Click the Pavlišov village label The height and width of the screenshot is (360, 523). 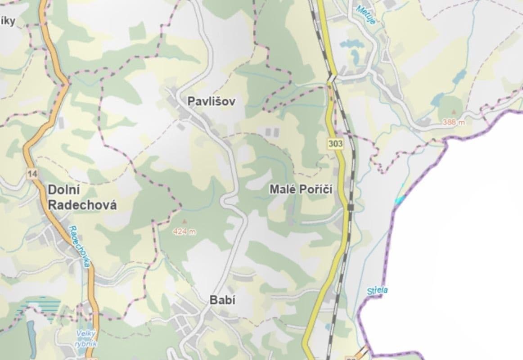(x=211, y=101)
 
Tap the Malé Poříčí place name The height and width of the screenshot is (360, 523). (x=301, y=189)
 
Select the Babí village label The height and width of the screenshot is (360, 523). (x=222, y=300)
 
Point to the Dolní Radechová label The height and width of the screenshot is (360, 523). (x=81, y=198)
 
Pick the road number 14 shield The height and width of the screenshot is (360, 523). (x=32, y=174)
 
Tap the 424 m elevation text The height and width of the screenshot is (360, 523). (x=185, y=232)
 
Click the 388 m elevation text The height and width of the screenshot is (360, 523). (x=453, y=122)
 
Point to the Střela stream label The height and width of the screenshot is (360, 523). (x=377, y=290)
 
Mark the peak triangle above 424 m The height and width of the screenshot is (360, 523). (x=184, y=221)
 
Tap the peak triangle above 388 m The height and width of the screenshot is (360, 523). (x=453, y=111)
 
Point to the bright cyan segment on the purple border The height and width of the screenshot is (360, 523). (x=399, y=198)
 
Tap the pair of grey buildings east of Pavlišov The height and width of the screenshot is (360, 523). (x=272, y=132)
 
